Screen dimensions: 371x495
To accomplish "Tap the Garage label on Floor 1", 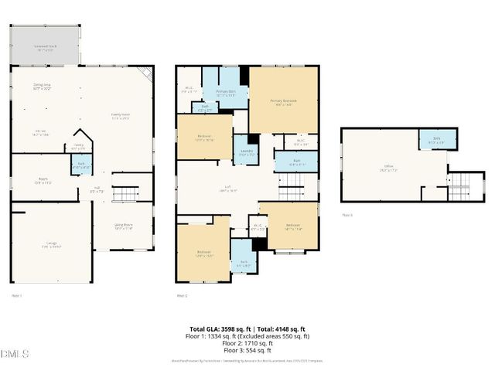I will [51, 246].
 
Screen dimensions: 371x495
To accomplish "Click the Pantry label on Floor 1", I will [79, 146].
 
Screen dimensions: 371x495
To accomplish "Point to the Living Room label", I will [124, 226].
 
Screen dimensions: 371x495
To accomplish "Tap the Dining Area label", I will [42, 87].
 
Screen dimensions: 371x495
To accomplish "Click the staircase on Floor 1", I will [125, 193].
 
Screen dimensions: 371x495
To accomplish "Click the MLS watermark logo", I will [15, 354].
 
